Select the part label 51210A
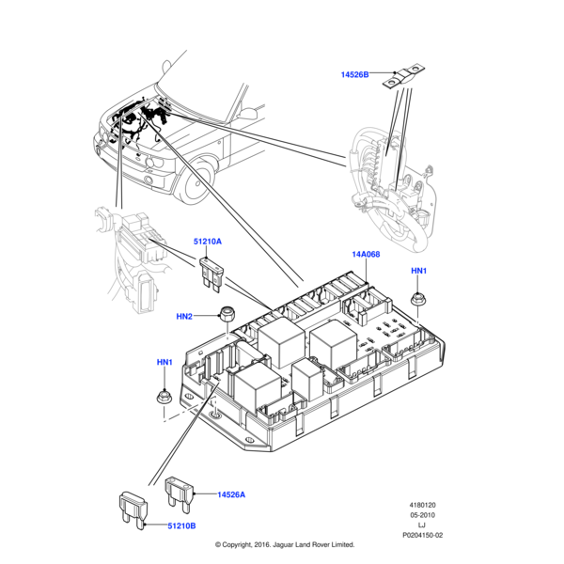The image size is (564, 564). tap(208, 242)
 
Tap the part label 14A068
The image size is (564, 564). tap(367, 255)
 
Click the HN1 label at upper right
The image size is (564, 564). tap(418, 271)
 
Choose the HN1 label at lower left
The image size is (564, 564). tap(164, 362)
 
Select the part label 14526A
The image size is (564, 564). tap(231, 494)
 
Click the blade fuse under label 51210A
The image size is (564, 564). tap(212, 274)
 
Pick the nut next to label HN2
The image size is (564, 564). tap(226, 313)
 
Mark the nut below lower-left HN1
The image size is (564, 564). tap(164, 396)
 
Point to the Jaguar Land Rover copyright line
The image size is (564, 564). tap(284, 544)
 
